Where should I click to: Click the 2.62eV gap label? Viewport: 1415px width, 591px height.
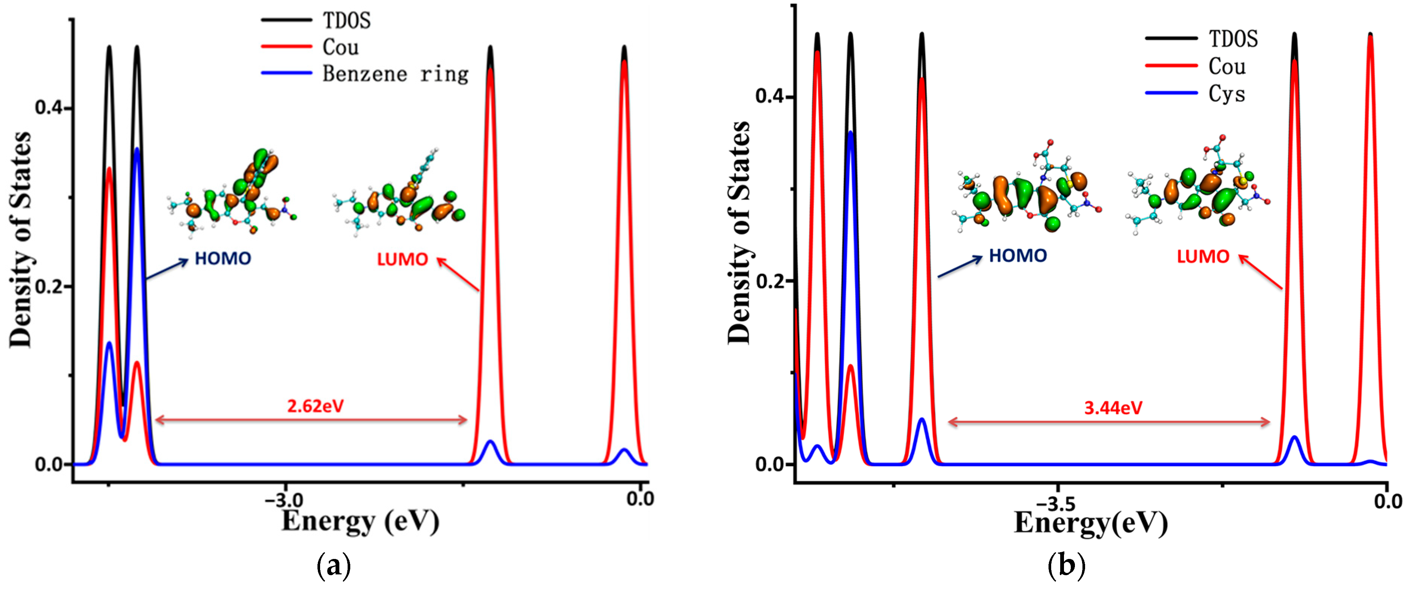coord(315,406)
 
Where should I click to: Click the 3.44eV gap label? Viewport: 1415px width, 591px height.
coord(1113,408)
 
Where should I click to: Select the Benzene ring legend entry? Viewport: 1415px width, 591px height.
coord(395,74)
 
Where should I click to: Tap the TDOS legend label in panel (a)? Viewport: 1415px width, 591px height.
coord(346,21)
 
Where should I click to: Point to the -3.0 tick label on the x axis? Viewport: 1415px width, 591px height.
coord(284,499)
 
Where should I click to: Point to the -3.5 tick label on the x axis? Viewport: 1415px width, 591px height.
coord(1055,503)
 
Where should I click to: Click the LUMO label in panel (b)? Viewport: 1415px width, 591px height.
coord(1202,256)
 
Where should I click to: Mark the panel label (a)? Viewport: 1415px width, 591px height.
coord(334,565)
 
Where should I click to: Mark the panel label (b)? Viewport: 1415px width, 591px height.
coord(1066,565)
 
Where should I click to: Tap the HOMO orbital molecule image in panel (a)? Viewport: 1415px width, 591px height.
coord(233,192)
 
